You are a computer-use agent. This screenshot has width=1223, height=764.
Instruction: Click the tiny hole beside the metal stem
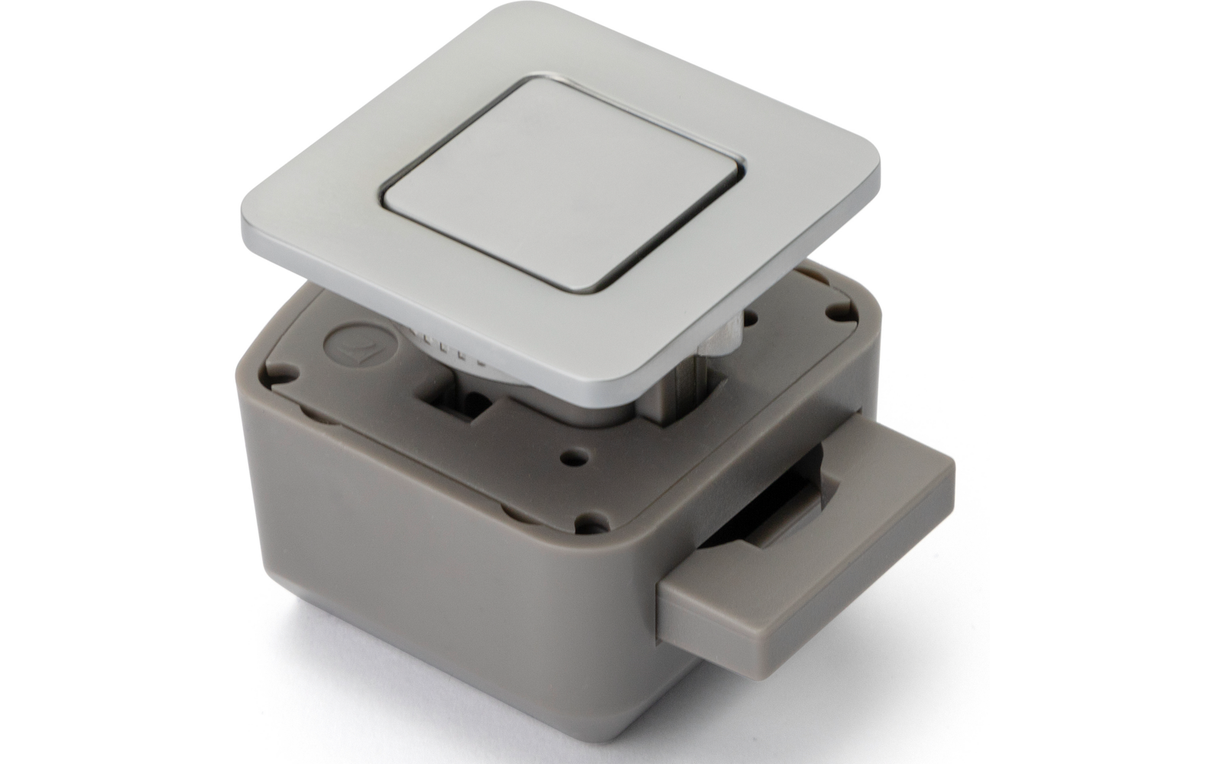[x=753, y=318]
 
